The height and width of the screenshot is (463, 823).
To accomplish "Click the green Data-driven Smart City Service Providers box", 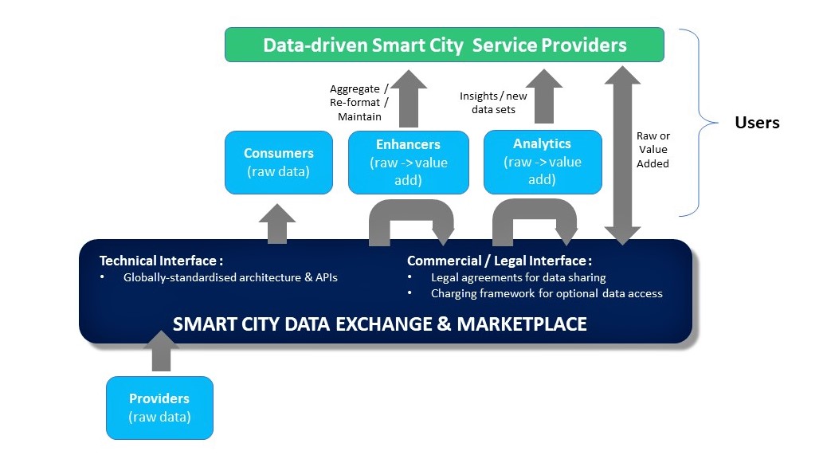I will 444,45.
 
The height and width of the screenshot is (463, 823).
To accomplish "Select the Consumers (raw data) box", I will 278,162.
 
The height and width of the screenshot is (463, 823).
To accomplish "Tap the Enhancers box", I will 408,162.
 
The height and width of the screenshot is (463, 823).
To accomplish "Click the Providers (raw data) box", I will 159,407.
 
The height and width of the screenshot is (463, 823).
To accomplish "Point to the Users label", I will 756,123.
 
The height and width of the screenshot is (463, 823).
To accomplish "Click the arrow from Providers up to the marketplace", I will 161,351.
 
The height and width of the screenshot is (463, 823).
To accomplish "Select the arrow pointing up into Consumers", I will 278,223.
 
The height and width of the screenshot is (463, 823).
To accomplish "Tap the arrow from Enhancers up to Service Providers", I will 409,98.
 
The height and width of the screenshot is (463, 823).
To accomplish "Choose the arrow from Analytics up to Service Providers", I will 544,96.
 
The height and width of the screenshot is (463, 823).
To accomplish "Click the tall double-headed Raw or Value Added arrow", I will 622,151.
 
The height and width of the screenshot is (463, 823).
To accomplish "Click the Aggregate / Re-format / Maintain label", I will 359,103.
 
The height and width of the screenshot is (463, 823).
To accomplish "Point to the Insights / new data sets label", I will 493,103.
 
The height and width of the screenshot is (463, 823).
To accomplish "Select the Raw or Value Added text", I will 653,150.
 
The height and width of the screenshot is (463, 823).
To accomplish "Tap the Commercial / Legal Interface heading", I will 500,261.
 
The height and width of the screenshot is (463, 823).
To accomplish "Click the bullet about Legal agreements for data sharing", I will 518,277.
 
